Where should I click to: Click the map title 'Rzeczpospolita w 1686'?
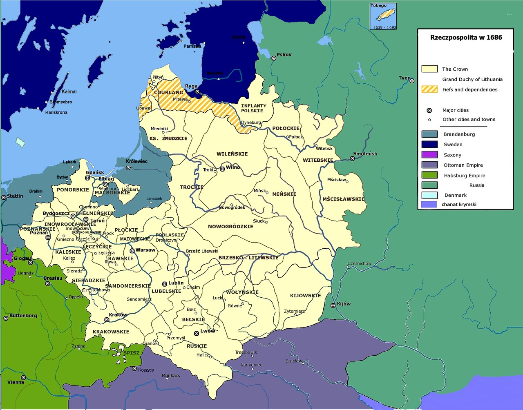(x=466, y=38)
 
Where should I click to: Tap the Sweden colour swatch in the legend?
(x=429, y=144)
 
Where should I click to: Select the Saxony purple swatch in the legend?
(x=429, y=155)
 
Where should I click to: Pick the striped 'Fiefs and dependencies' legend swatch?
(x=429, y=89)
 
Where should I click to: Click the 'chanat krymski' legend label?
(x=459, y=204)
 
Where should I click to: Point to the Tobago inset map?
(x=383, y=16)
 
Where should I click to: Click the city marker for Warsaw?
(x=132, y=250)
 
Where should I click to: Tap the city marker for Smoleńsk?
(x=352, y=158)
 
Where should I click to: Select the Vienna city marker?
(x=23, y=378)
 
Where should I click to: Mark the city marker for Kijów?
(x=333, y=305)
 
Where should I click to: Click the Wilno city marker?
(x=222, y=168)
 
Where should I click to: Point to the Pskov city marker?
(x=274, y=58)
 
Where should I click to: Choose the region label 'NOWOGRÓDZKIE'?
(x=230, y=227)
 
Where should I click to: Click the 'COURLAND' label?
(x=169, y=92)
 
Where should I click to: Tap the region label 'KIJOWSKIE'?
(x=305, y=296)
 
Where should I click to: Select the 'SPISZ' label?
(x=131, y=353)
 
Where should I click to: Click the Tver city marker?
(x=412, y=81)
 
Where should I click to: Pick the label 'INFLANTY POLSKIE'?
(x=253, y=108)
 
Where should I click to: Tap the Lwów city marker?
(x=197, y=333)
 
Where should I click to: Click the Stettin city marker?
(x=4, y=197)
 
